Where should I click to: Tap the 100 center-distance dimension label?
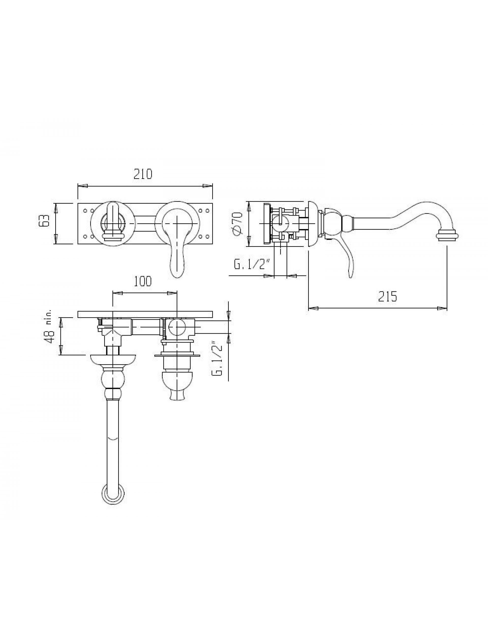tap(143, 282)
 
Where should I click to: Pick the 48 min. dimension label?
tap(49, 326)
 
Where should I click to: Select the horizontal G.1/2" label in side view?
tap(252, 265)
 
